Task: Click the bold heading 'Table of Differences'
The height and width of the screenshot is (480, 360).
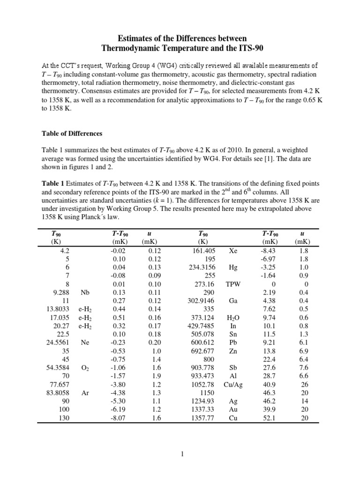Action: (72, 134)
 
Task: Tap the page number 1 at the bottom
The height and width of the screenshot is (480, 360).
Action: (180, 454)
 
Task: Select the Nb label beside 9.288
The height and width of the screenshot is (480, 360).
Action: (85, 292)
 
